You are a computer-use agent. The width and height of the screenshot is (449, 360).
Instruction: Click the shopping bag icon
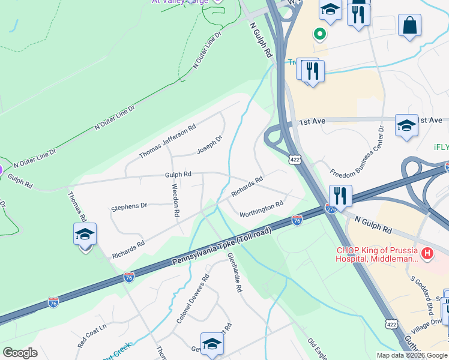click(x=409, y=25)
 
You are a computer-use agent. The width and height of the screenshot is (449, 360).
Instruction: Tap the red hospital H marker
click(x=427, y=254)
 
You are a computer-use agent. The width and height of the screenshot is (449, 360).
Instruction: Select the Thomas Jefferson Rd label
click(x=167, y=142)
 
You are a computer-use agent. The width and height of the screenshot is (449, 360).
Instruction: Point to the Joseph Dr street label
click(x=209, y=144)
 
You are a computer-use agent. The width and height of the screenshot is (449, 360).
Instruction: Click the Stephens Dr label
click(x=129, y=206)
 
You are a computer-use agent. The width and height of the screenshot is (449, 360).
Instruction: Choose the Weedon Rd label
click(x=176, y=200)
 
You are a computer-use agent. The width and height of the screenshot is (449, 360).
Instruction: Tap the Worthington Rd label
click(x=261, y=209)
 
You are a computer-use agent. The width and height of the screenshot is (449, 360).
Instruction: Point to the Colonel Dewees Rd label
click(x=193, y=299)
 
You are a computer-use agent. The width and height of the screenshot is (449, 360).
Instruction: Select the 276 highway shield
click(x=331, y=208)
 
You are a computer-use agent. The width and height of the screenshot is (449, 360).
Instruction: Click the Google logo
click(x=20, y=353)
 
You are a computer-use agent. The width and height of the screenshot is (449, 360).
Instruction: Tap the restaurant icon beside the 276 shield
click(x=340, y=195)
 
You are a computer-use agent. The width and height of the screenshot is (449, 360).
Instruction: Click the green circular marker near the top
click(x=320, y=35)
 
